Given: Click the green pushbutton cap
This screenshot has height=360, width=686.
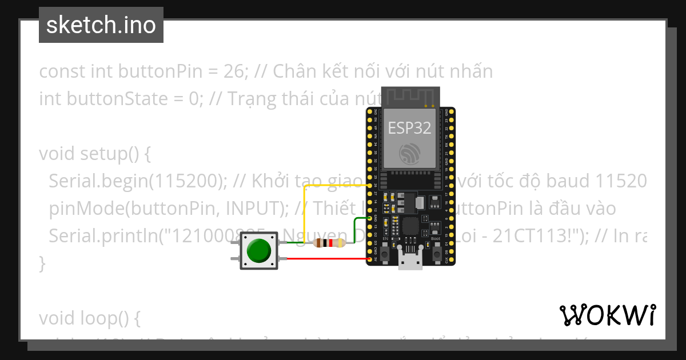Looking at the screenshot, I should pyautogui.click(x=258, y=250).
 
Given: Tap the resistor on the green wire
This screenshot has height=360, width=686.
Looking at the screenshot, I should pyautogui.click(x=329, y=243).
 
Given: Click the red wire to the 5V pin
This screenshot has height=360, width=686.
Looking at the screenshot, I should pyautogui.click(x=326, y=259).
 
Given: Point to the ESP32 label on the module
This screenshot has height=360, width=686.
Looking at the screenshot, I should pyautogui.click(x=409, y=127).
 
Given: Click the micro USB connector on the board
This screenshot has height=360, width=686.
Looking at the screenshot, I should pyautogui.click(x=410, y=262).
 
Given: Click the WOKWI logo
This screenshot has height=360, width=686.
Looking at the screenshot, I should pyautogui.click(x=607, y=315).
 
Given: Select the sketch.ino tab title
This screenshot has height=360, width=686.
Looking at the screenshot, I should pyautogui.click(x=101, y=25).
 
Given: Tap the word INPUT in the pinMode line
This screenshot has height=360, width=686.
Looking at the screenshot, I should pyautogui.click(x=248, y=209).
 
